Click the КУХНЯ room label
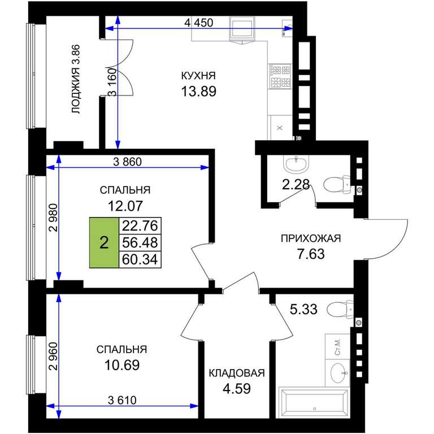[x=198, y=76]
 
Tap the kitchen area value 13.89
[x=198, y=92]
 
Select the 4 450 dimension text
[x=199, y=23]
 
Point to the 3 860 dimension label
[x=127, y=162]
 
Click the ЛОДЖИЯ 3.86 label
[x=76, y=79]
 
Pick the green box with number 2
[x=104, y=243]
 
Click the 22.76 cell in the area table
[x=140, y=225]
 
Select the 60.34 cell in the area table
[x=140, y=259]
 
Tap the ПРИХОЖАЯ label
[x=311, y=238]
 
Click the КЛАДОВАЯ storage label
[x=237, y=373]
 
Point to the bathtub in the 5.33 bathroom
[x=314, y=402]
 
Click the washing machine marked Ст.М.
[x=337, y=346]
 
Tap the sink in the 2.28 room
[x=296, y=163]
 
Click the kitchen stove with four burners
[x=280, y=76]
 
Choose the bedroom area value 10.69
[x=122, y=365]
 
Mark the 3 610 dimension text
[x=122, y=400]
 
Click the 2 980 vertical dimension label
[x=53, y=218]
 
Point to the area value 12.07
[x=125, y=206]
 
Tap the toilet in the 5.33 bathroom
[x=340, y=309]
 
